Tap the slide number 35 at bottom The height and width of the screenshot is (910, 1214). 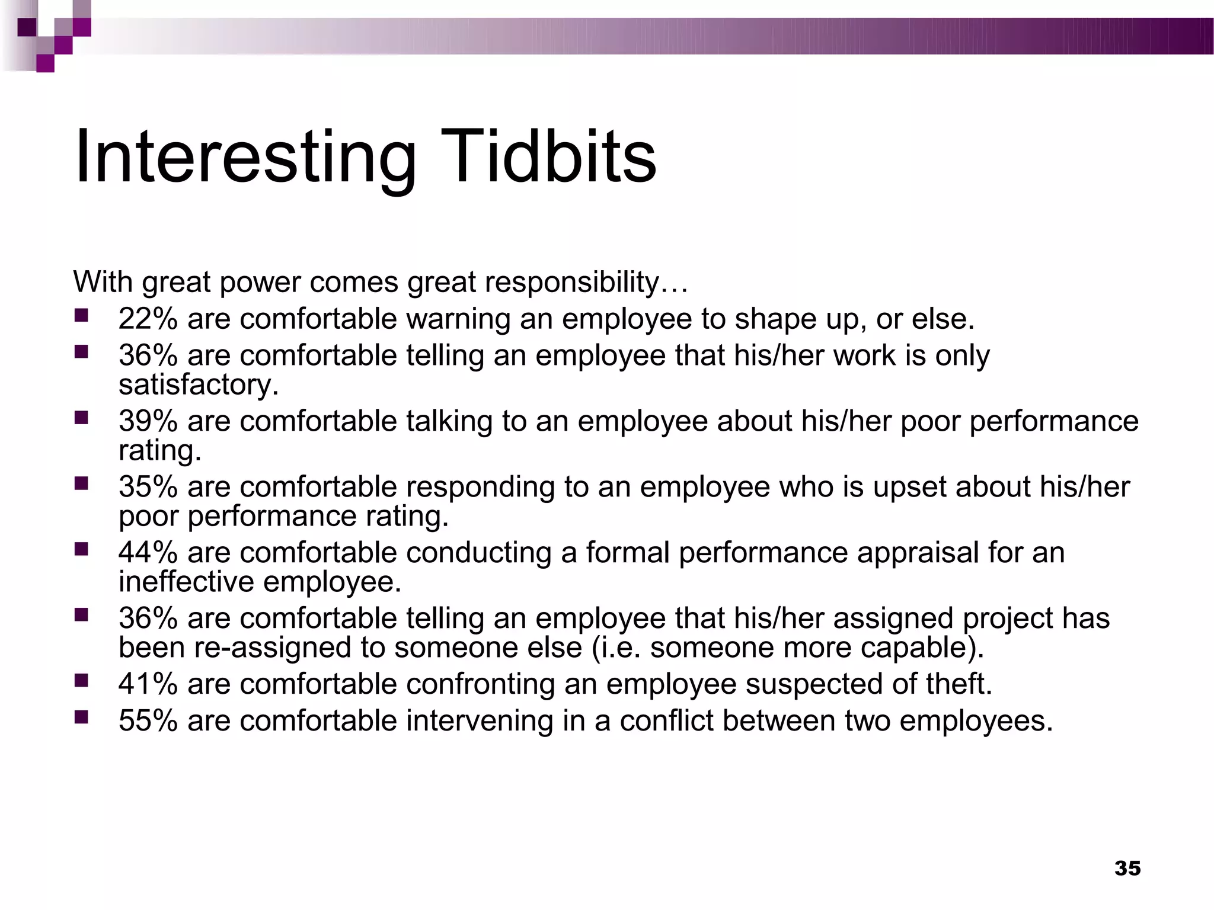[1127, 868]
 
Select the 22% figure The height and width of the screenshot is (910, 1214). [148, 319]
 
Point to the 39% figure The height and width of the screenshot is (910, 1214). [148, 421]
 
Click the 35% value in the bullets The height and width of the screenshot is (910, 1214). [148, 487]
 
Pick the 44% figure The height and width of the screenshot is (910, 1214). [148, 553]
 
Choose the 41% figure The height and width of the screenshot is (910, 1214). [148, 684]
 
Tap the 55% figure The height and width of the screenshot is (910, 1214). [148, 721]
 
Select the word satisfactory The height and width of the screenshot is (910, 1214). [197, 385]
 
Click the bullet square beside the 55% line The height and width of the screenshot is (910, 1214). [81, 717]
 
